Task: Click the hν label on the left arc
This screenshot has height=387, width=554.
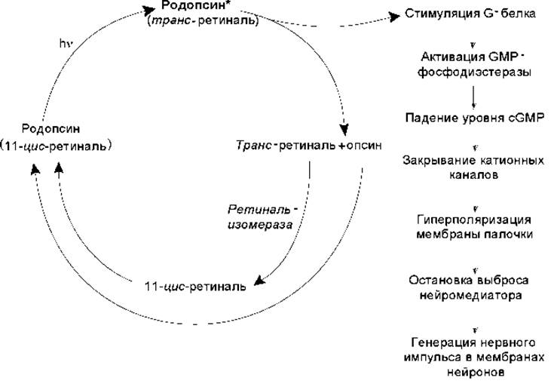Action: [66, 44]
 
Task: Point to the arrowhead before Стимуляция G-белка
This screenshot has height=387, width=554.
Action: [394, 17]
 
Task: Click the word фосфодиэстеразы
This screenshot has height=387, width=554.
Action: [474, 72]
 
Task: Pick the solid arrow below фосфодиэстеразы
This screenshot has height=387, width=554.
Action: [473, 97]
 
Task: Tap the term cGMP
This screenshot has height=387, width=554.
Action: [526, 117]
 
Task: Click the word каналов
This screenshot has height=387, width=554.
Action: [474, 175]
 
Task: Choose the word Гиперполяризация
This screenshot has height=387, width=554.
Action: [474, 220]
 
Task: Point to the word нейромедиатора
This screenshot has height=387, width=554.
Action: [470, 295]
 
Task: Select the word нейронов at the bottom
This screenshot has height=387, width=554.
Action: [475, 372]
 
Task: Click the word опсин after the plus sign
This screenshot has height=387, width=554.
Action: [363, 146]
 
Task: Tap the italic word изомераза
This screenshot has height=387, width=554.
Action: [260, 225]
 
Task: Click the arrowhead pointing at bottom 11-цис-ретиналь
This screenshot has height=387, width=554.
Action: [260, 280]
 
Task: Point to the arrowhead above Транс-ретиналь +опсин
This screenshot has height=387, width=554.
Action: [344, 129]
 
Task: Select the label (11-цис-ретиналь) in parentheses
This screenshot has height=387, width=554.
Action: [56, 146]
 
